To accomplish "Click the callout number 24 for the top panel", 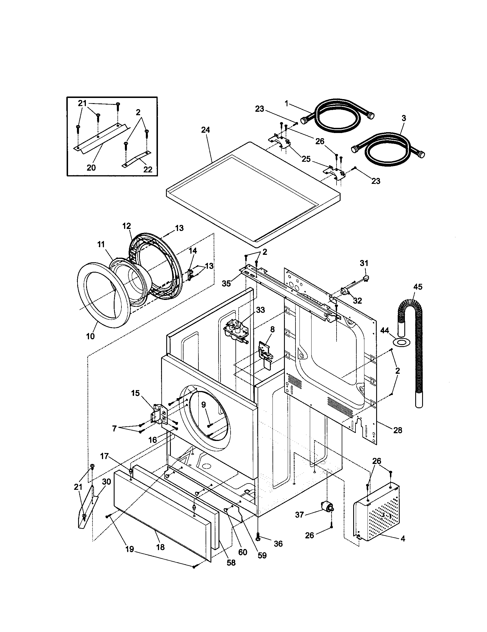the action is click(206, 130).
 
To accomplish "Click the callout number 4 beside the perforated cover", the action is click(403, 539).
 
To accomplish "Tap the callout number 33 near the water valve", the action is click(260, 310).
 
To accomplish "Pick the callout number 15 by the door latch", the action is click(135, 393).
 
